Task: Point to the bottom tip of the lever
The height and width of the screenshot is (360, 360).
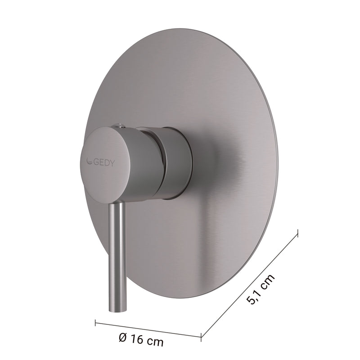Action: coord(117,311)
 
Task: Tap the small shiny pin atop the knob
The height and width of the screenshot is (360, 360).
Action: coord(118,125)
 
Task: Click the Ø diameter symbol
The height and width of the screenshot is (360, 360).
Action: coord(123,337)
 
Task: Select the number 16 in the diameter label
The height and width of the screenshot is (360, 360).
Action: coord(137,339)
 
